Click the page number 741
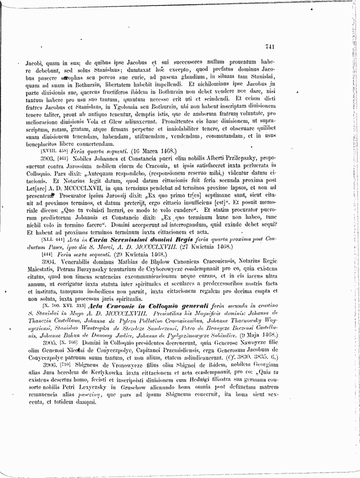pos(270,47)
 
